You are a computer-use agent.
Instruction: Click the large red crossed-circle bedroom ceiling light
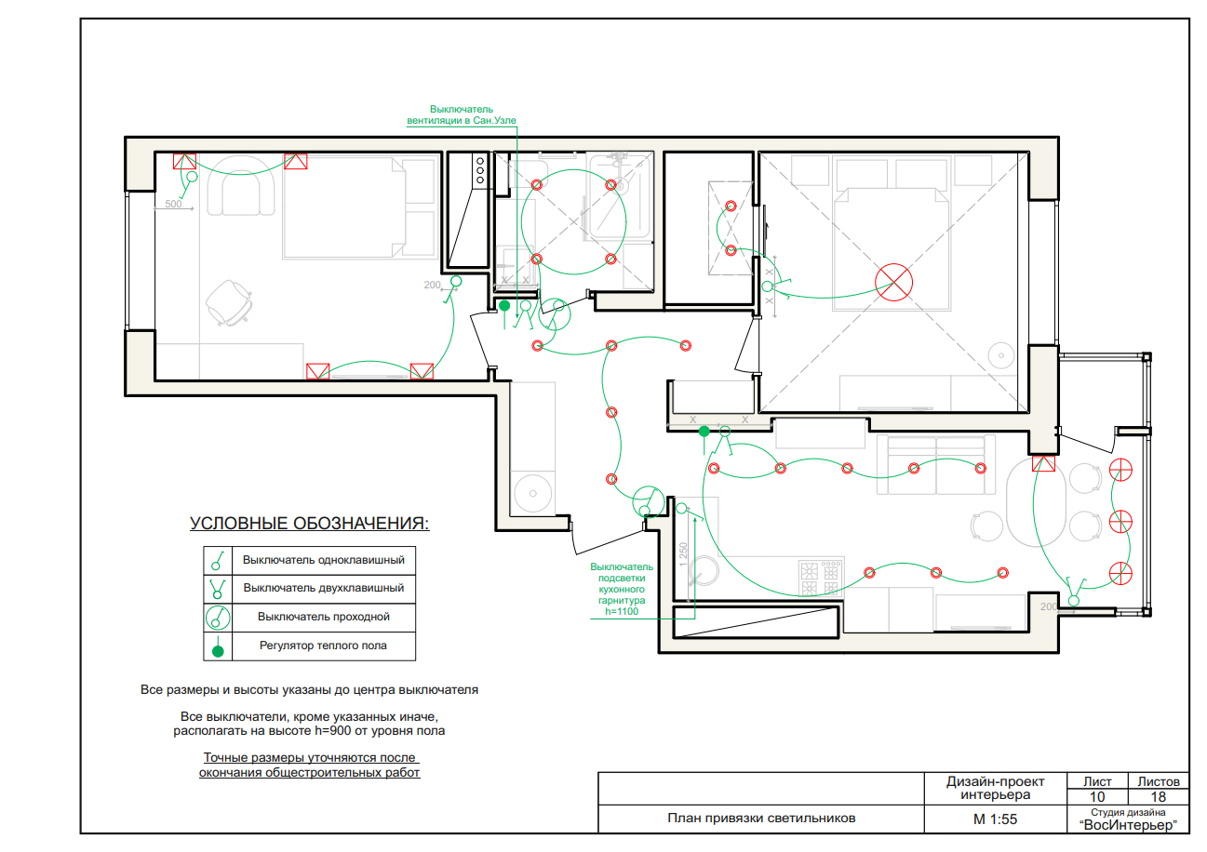[894, 282]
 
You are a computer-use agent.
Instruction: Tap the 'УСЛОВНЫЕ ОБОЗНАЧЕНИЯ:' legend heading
[309, 524]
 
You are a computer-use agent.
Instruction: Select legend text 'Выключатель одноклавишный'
[323, 560]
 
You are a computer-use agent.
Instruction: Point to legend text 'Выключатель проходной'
[323, 617]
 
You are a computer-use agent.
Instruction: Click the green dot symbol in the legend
[218, 652]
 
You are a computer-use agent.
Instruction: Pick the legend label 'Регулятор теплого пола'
[323, 646]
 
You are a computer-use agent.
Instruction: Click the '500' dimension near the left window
[173, 204]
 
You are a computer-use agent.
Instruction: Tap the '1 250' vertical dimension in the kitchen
[683, 554]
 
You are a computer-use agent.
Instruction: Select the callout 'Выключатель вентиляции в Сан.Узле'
[462, 114]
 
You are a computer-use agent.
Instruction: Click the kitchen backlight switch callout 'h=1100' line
[622, 611]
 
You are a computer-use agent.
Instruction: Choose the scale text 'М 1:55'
[995, 819]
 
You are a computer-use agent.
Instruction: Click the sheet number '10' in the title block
[1097, 796]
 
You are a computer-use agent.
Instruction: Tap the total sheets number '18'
[1158, 796]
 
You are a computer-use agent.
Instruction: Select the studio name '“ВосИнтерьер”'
[1128, 825]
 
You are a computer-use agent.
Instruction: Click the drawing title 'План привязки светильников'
[761, 819]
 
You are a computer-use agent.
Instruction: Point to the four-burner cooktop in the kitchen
[821, 578]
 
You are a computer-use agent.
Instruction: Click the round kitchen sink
[704, 571]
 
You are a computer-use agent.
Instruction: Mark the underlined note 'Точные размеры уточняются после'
[309, 757]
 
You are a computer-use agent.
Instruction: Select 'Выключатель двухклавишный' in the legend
[323, 588]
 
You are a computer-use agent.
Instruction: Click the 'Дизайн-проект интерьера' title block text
[995, 788]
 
